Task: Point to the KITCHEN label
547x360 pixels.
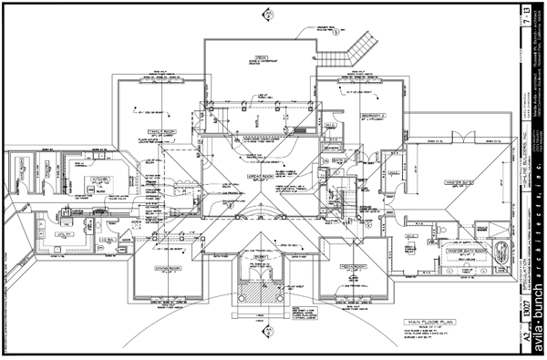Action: pos(98,180)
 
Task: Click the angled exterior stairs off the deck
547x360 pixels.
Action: pos(358,43)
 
